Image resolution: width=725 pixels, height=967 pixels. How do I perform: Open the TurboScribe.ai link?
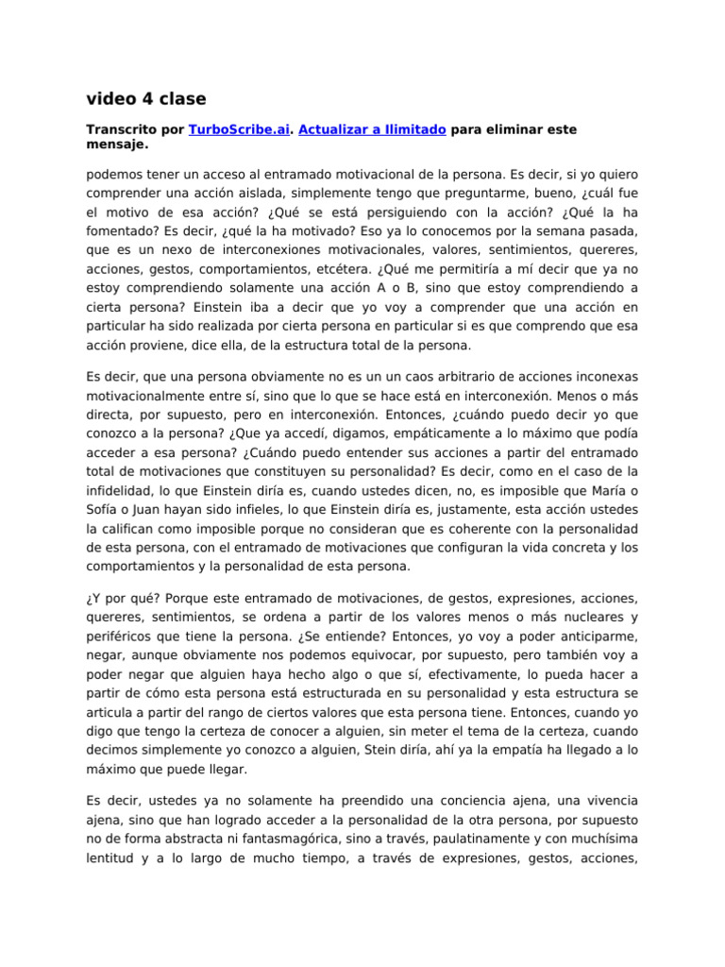point(239,129)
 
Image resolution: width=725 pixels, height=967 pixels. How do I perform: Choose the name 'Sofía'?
point(104,513)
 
